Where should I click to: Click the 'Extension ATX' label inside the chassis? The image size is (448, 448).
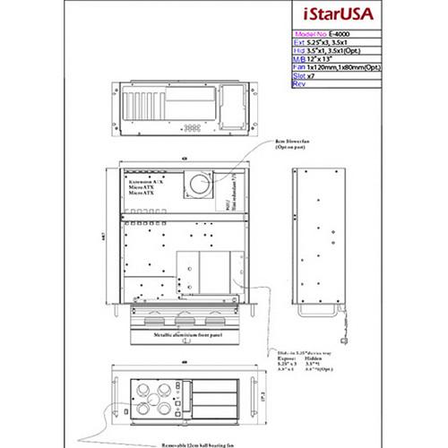(144, 181)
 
